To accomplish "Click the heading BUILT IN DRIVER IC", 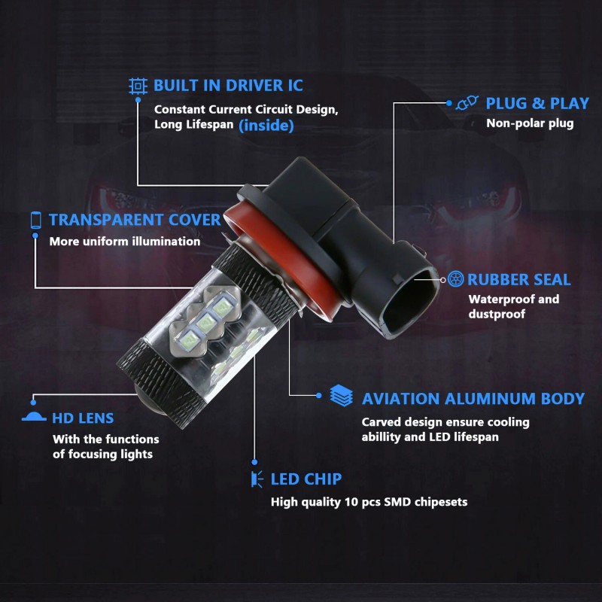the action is [x=228, y=86].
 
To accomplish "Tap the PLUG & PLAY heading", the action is [x=537, y=104].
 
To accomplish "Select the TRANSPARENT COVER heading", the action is [x=135, y=220].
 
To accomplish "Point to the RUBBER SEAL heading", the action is [x=518, y=279].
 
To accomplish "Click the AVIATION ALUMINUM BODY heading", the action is [x=473, y=399].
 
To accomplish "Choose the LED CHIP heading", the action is [x=306, y=479].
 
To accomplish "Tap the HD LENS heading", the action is [x=83, y=418].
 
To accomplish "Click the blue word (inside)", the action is [x=266, y=126].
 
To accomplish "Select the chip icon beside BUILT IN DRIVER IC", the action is [x=138, y=86].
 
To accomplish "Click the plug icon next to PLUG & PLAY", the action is [x=467, y=103].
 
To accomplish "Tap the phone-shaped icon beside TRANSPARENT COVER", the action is [x=35, y=220].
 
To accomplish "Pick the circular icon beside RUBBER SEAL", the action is [x=456, y=279].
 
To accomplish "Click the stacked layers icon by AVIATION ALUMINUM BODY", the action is [x=342, y=396].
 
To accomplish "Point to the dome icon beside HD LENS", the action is [x=34, y=417].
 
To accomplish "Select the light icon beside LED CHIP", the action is [x=257, y=479].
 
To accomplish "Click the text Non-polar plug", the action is [x=530, y=123].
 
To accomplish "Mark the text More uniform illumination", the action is [x=125, y=242].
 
